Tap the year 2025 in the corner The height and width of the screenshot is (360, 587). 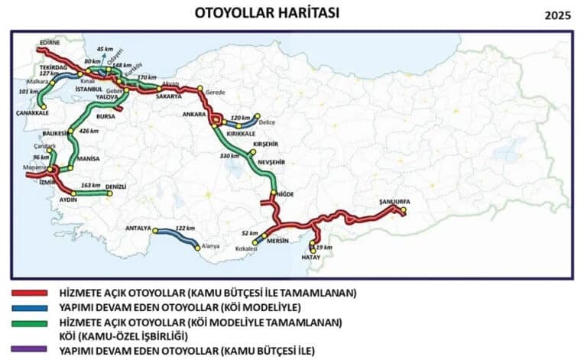pos(558,15)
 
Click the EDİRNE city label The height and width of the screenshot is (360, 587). pos(48,43)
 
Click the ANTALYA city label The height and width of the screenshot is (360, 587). pos(138,229)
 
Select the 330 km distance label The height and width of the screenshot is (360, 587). pos(230,156)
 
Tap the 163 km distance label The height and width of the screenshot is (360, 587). pos(91,186)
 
